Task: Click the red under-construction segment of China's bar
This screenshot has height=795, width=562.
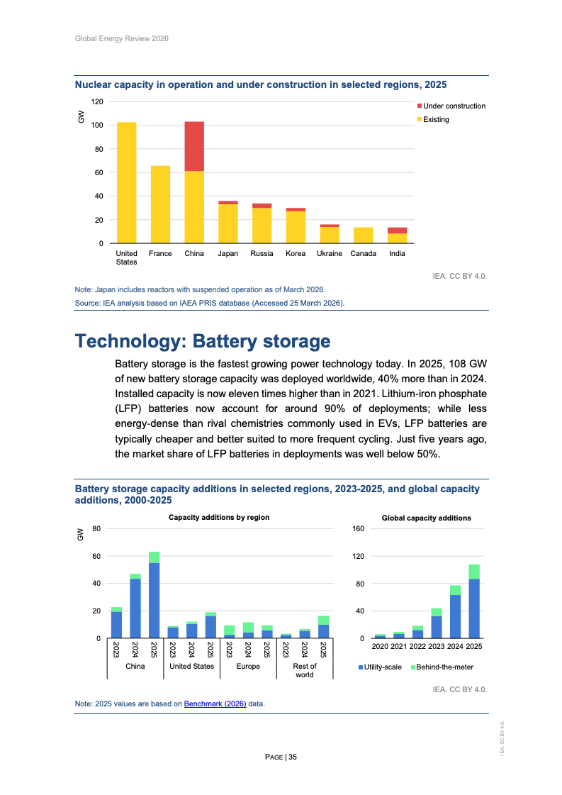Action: (194, 146)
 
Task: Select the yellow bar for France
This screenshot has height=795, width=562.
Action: (160, 204)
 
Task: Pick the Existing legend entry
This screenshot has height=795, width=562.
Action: (436, 119)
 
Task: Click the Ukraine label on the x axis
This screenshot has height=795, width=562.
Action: (330, 253)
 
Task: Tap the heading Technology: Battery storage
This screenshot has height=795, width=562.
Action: (203, 341)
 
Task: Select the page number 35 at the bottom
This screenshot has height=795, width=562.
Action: (293, 757)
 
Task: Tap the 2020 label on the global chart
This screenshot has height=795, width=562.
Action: (380, 647)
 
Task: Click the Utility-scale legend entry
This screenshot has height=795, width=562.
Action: (383, 667)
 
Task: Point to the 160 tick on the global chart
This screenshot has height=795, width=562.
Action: (357, 529)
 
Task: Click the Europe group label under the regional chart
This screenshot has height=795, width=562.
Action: (248, 666)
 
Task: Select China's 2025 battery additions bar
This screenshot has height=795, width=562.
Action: (154, 595)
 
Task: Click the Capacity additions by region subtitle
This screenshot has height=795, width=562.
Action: (219, 518)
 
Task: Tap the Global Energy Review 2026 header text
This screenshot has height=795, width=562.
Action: (121, 38)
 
